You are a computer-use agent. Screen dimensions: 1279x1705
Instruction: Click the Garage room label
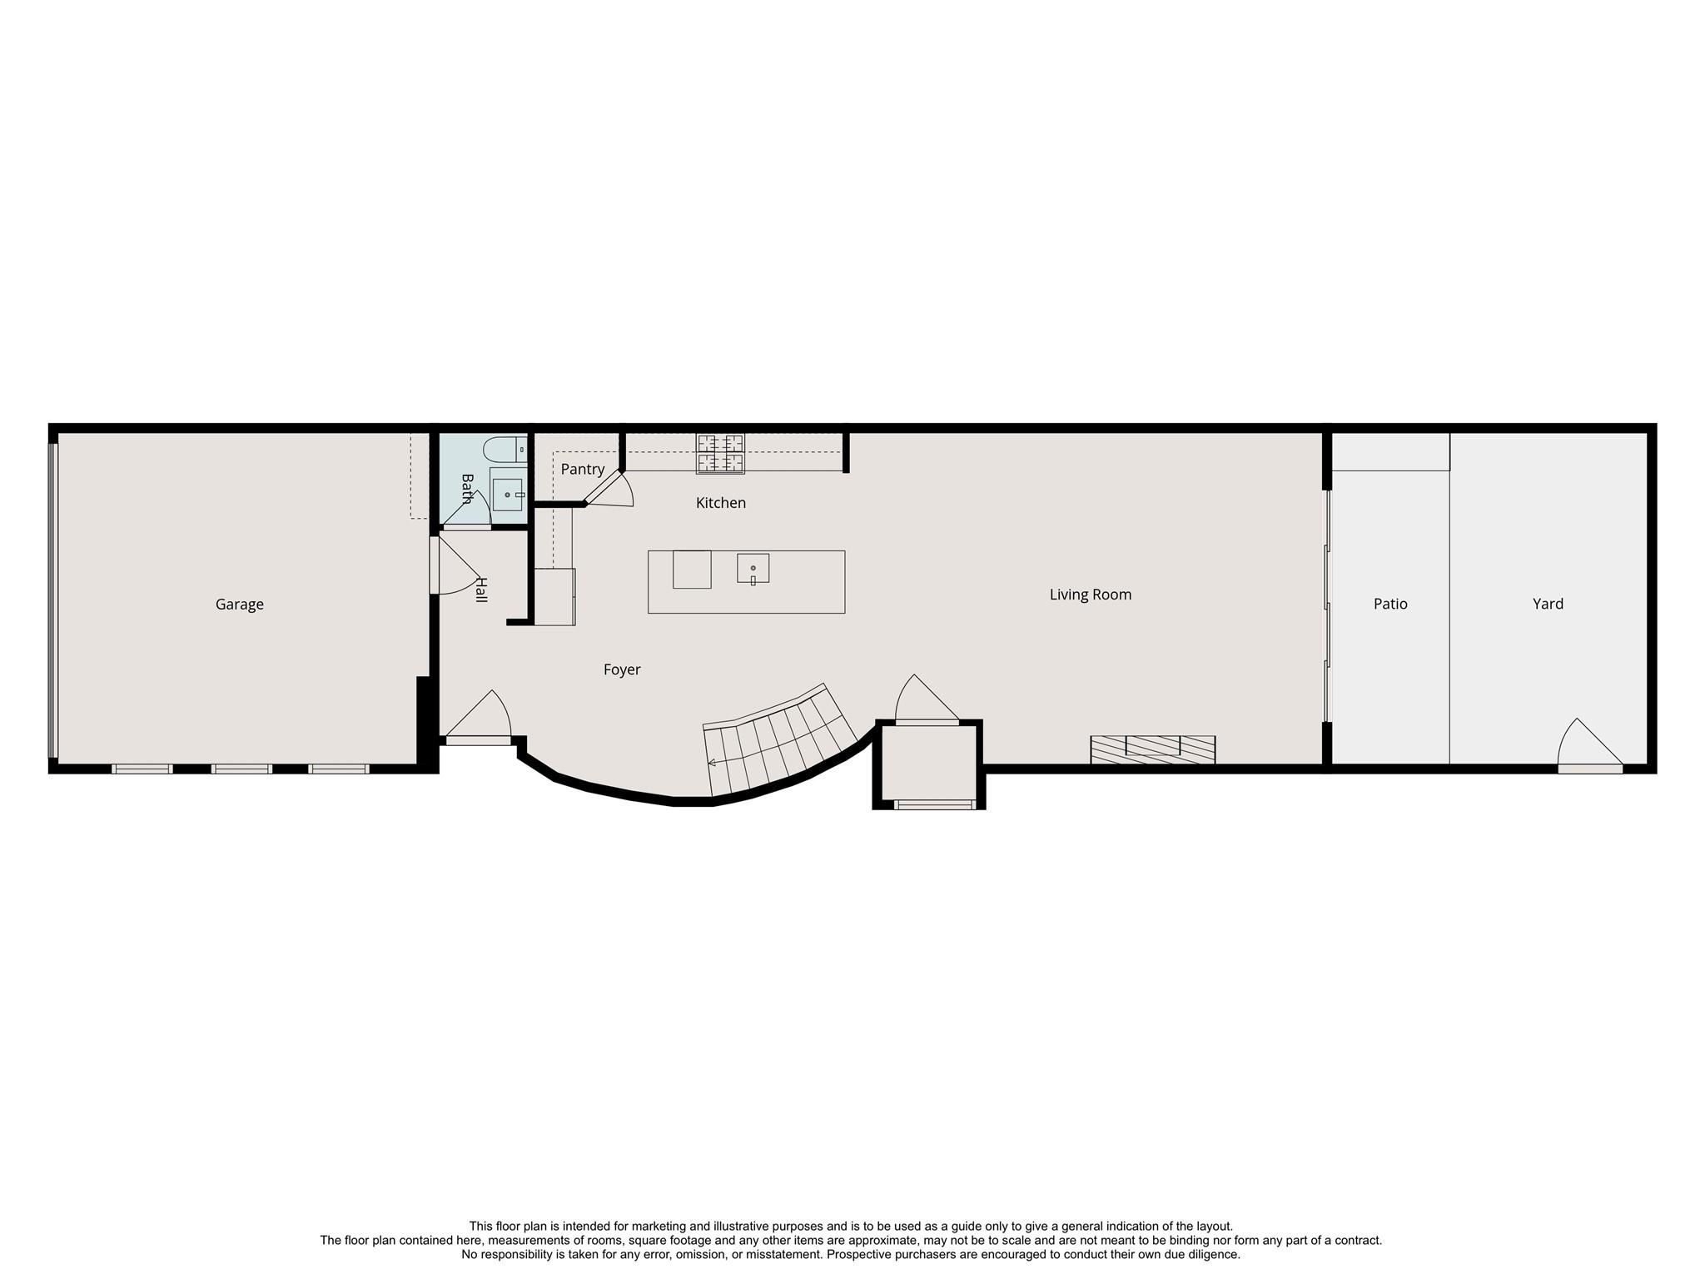coord(239,605)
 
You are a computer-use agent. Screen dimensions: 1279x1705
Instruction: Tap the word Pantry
coord(582,470)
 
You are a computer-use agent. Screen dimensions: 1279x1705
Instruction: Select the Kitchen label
coord(720,503)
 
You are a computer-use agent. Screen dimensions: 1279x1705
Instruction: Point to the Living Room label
coord(1090,595)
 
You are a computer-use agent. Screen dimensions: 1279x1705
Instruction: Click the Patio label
coord(1389,604)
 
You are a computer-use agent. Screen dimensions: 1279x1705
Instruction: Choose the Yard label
coord(1548,604)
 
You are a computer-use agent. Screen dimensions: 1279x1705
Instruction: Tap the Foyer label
coord(621,669)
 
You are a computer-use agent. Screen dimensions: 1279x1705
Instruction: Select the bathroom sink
coord(507,495)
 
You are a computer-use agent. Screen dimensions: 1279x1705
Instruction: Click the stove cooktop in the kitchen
coord(720,454)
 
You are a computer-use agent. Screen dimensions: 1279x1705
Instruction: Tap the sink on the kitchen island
coord(753,569)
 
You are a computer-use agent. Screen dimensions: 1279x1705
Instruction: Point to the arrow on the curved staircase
coord(712,762)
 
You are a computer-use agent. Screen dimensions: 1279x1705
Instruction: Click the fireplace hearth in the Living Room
coord(1152,749)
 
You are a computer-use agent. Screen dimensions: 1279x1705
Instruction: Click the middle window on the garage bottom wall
coord(241,769)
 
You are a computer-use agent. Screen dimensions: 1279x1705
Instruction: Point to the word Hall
coord(480,590)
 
